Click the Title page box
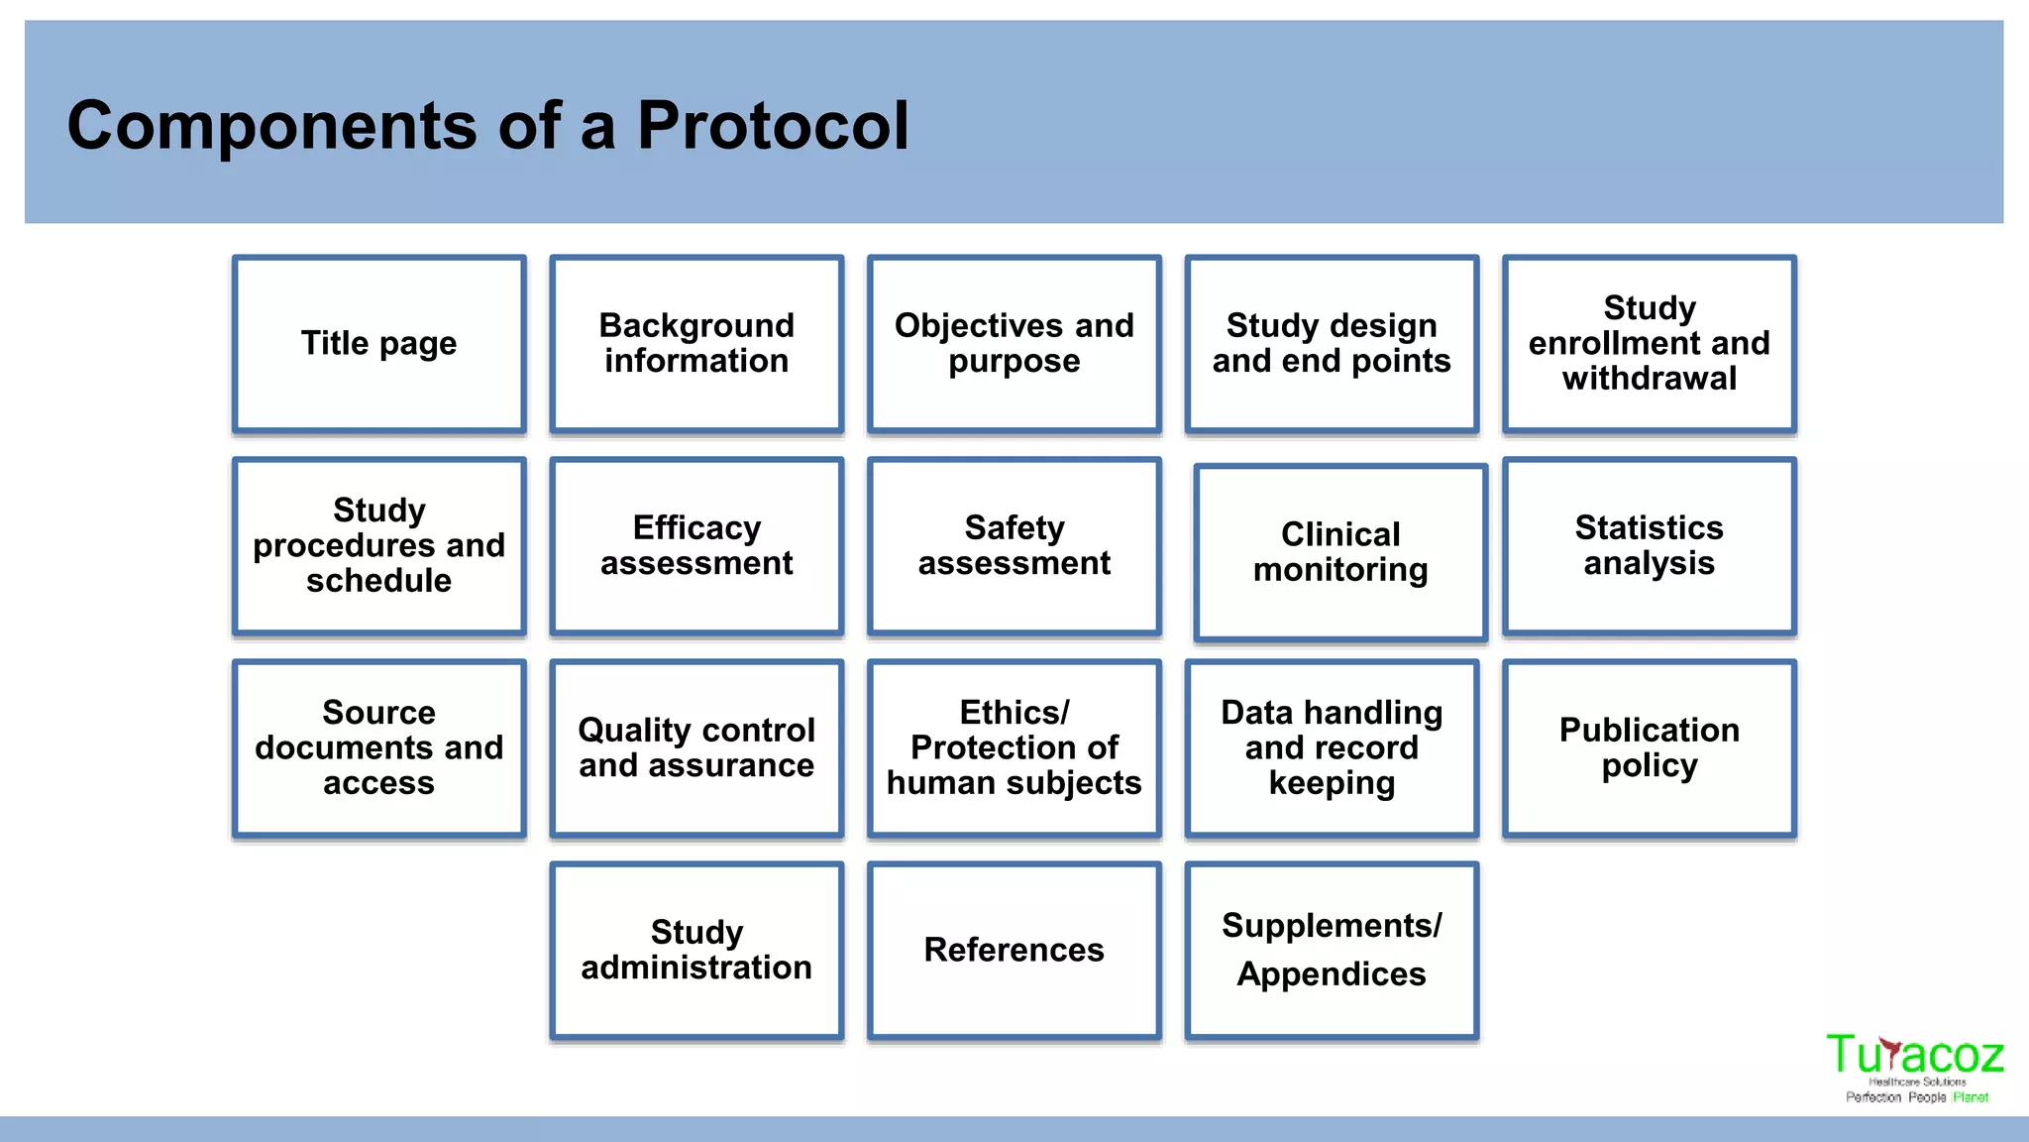coord(379,344)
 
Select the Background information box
coord(696,344)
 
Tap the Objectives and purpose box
coord(1014,344)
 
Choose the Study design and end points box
coord(1332,344)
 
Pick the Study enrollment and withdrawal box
coord(1649,344)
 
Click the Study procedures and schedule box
coord(379,546)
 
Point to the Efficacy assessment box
coord(696,546)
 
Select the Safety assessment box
coord(1014,546)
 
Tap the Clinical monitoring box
coord(1340,553)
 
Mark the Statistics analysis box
coord(1649,546)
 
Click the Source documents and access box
coord(379,748)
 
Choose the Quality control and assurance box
coord(696,748)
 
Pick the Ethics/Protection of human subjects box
coord(1014,748)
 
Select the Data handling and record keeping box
coord(1332,748)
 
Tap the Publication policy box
coord(1649,748)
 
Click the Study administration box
coord(696,951)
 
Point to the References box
coord(1014,951)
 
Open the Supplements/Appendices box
coord(1332,951)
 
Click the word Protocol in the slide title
coord(772,126)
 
